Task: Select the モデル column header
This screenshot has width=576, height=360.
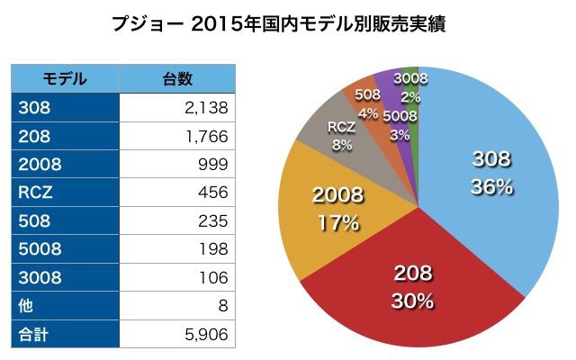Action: click(x=65, y=78)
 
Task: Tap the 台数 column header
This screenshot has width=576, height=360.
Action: click(x=176, y=78)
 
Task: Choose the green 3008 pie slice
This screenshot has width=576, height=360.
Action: click(x=411, y=79)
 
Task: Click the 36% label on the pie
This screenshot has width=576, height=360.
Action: click(x=491, y=187)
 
